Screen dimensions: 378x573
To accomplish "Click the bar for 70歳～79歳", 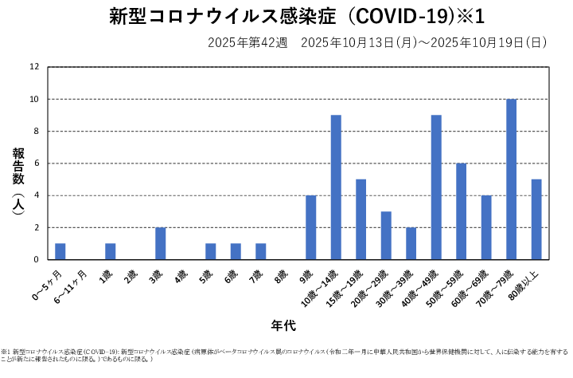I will (511, 179).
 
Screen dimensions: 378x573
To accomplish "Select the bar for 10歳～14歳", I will (336, 187).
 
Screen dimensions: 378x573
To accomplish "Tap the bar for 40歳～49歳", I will (436, 187).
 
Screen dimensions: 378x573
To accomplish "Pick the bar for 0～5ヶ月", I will (60, 251).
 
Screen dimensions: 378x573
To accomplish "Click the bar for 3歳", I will (161, 243).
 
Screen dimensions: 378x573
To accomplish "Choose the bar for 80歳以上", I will (536, 219).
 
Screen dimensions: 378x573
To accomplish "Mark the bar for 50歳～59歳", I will (461, 211).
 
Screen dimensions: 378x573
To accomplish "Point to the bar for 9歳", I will (310, 227).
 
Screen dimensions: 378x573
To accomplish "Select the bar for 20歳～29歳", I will (386, 235).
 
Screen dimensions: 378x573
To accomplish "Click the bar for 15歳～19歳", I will (361, 219).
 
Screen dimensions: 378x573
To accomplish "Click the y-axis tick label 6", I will (36, 163).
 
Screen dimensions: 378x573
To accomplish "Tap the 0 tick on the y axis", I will (36, 260).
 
